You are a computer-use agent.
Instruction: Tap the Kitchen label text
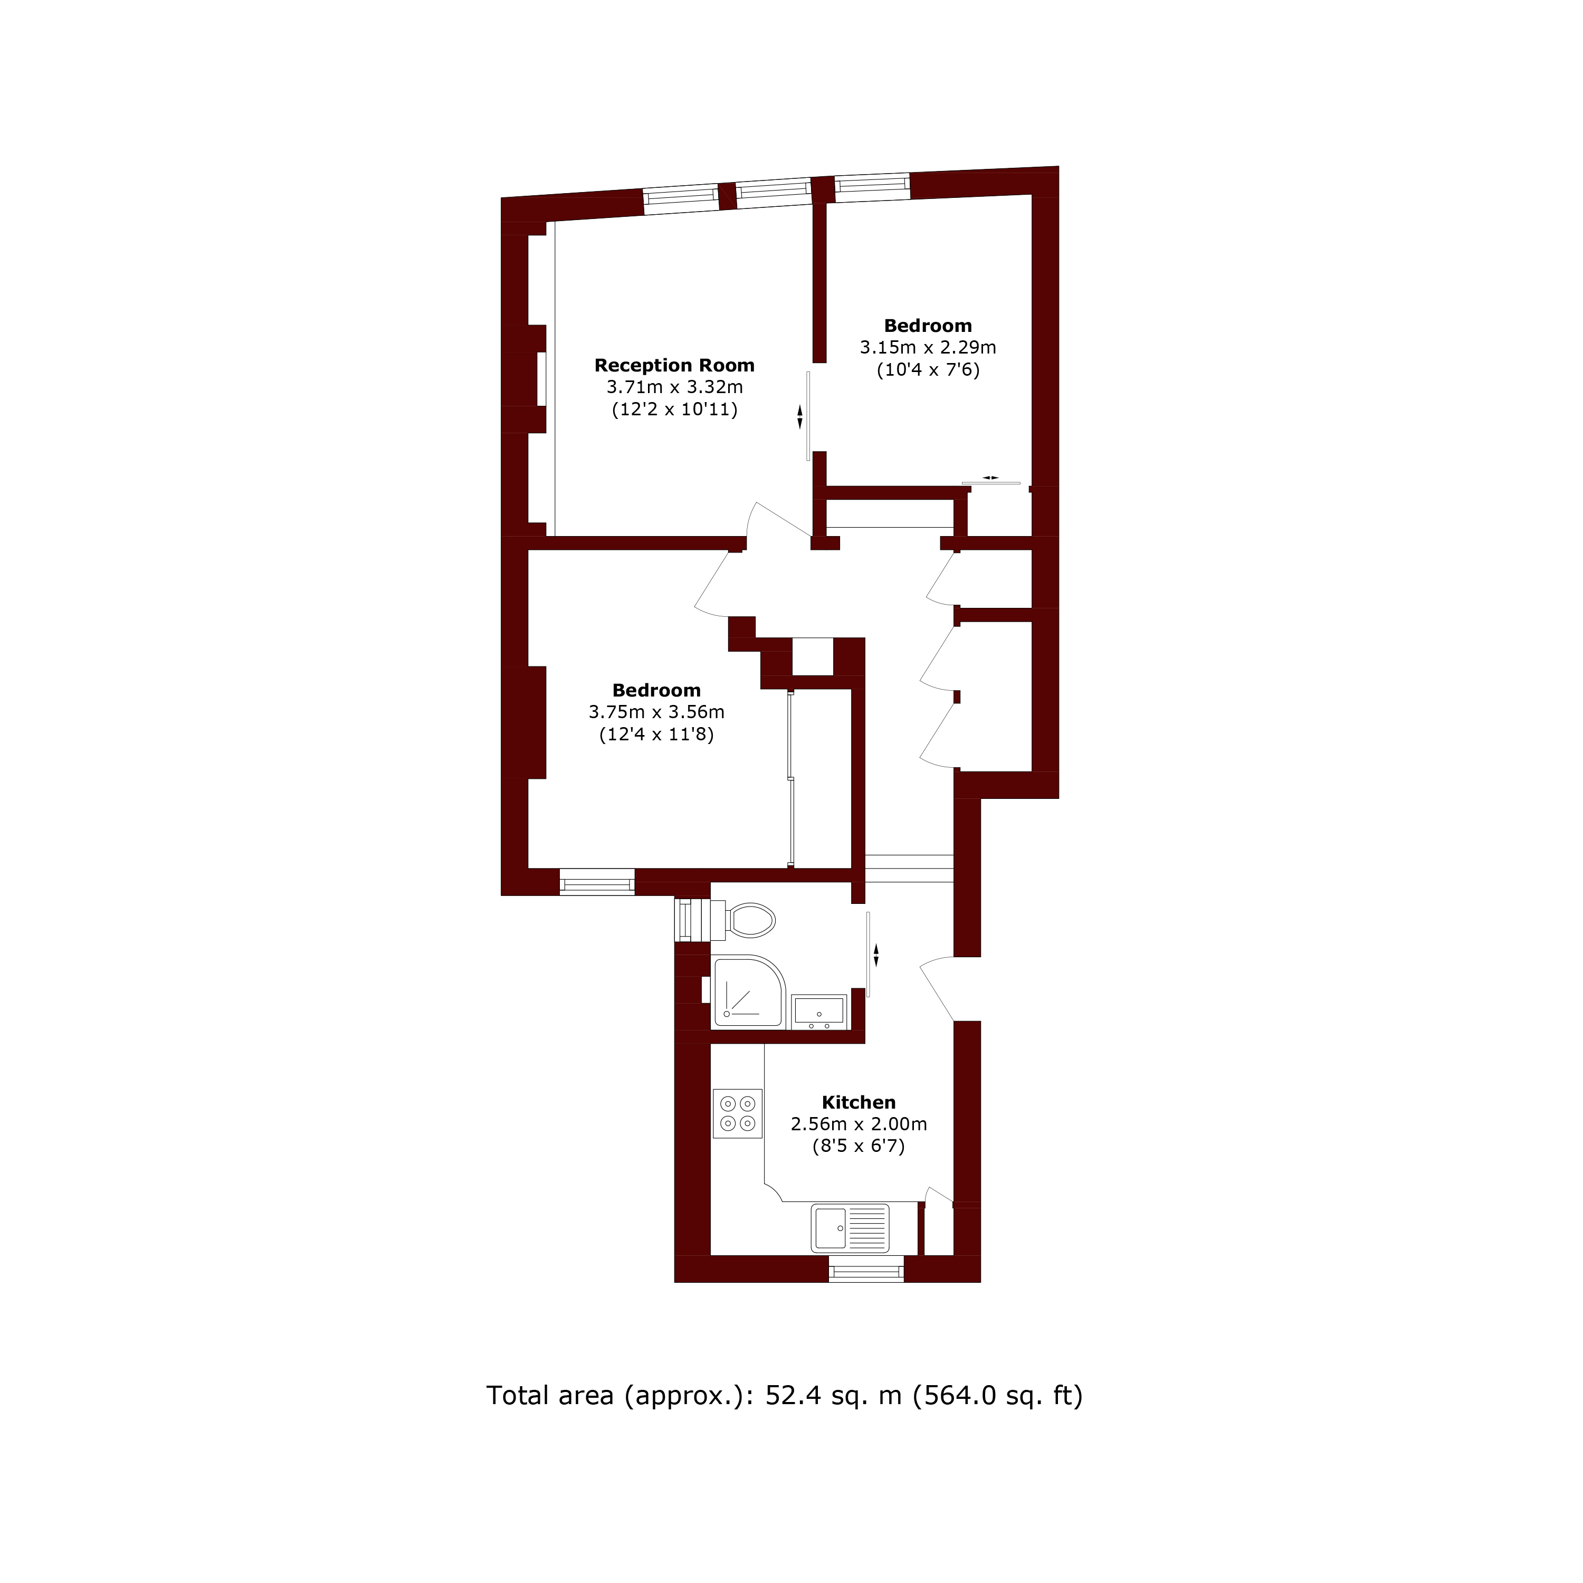pos(858,1103)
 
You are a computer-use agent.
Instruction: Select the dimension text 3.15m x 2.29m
pos(928,347)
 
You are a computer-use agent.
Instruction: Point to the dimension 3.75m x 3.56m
pos(656,712)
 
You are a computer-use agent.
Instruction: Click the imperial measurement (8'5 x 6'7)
pos(858,1146)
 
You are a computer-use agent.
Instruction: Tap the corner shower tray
pos(747,991)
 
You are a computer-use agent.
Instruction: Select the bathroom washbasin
pos(818,1011)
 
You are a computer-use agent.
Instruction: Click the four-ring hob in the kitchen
pos(738,1113)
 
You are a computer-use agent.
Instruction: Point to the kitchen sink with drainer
pos(850,1227)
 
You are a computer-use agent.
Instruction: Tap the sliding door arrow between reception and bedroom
pos(800,416)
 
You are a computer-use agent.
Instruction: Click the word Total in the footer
pos(518,1395)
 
